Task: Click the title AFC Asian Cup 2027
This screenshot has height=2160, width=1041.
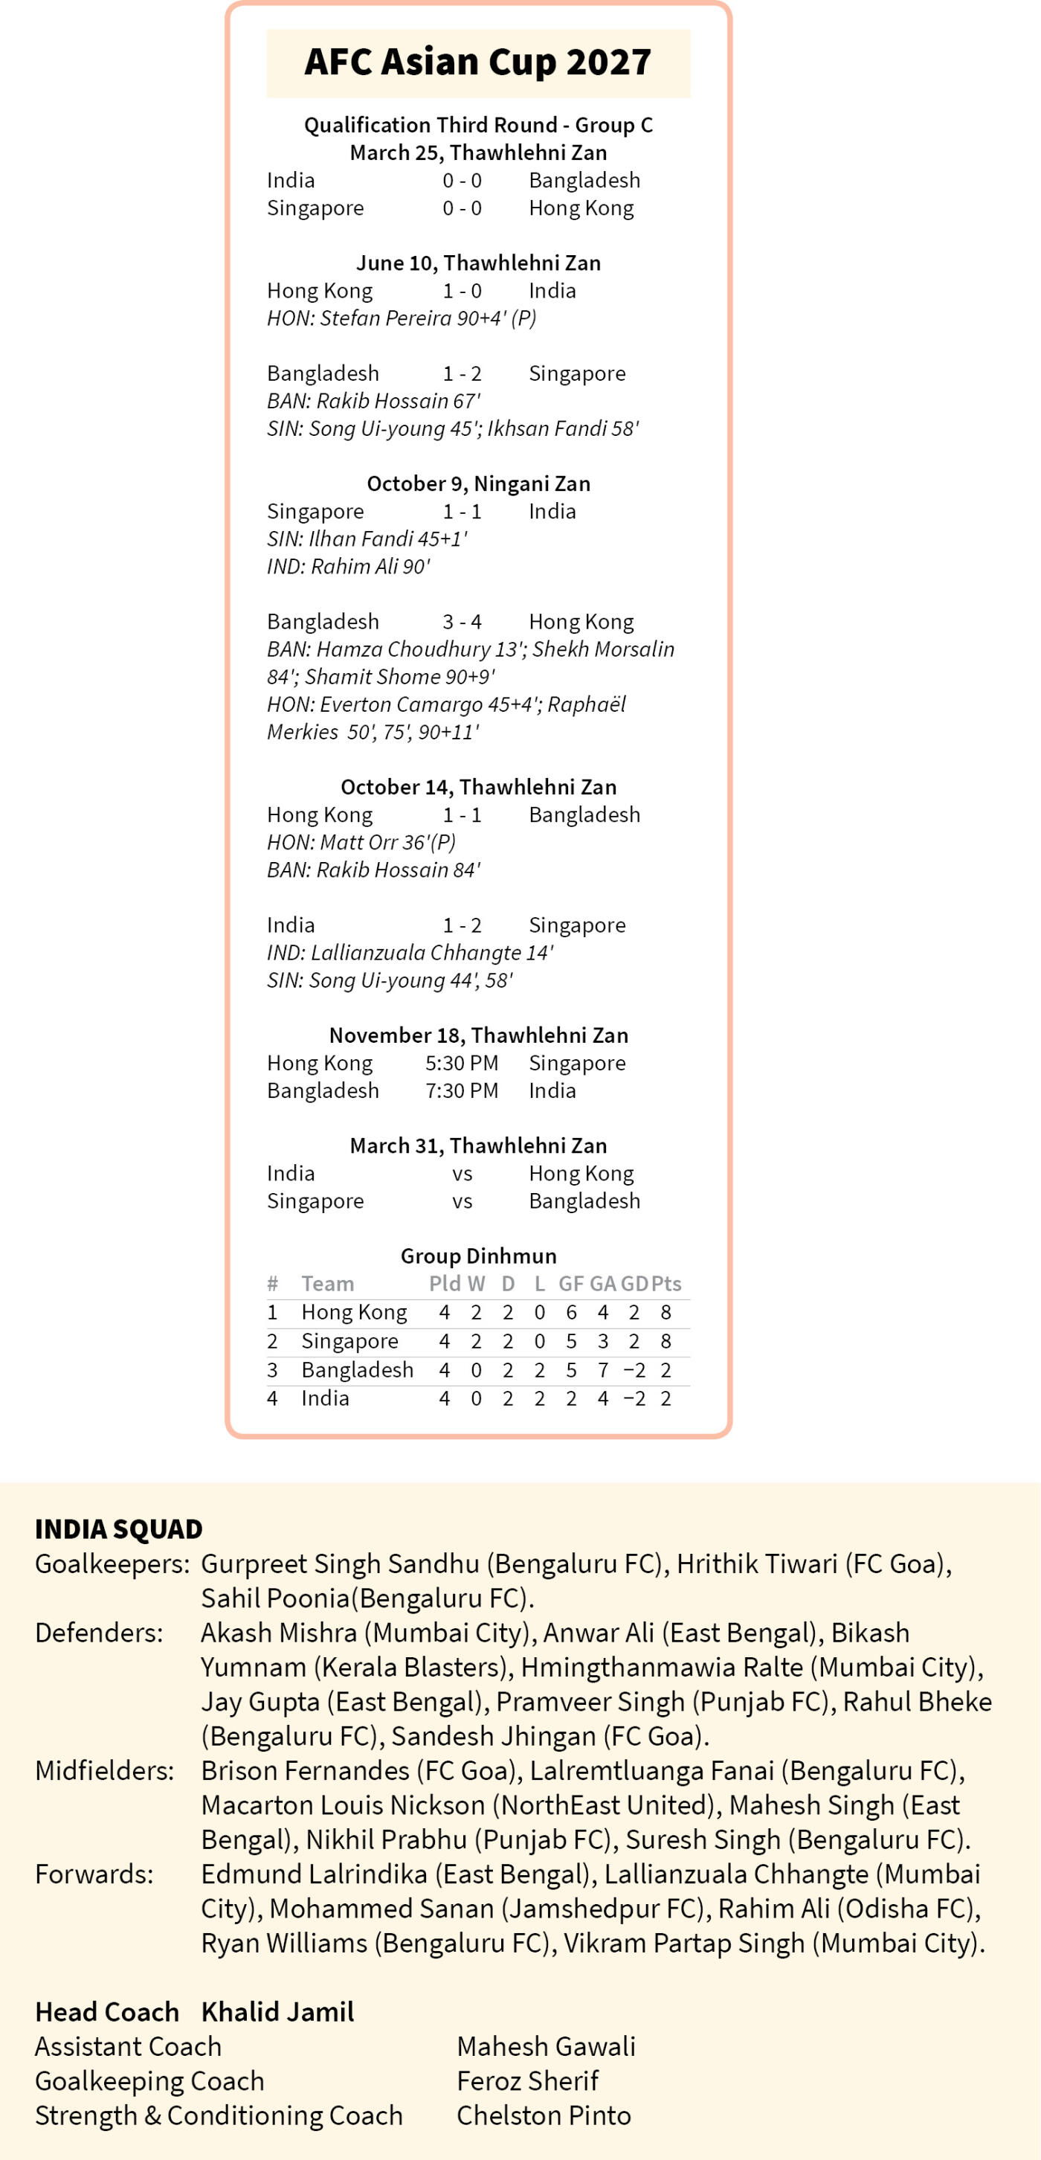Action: (x=478, y=62)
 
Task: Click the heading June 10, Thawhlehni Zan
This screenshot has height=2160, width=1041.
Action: (x=478, y=263)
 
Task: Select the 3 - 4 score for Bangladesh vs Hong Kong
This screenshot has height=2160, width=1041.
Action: (x=462, y=621)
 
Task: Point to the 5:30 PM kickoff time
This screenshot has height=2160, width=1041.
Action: (x=462, y=1063)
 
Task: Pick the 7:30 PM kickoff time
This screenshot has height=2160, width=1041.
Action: (x=462, y=1091)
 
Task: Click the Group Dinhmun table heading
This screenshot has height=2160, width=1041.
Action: (x=478, y=1256)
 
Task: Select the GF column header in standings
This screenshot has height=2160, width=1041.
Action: (x=571, y=1284)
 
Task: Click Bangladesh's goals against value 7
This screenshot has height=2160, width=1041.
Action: (x=602, y=1370)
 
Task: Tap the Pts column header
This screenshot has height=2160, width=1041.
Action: (x=666, y=1284)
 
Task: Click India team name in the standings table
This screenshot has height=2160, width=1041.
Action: (x=325, y=1398)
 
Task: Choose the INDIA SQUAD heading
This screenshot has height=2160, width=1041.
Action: (x=118, y=1529)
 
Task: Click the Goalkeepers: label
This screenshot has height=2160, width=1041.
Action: (x=112, y=1563)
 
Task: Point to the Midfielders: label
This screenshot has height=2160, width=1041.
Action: (x=105, y=1771)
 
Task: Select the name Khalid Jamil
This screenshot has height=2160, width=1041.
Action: (x=277, y=2013)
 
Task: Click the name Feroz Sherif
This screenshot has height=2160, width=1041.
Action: (x=527, y=2081)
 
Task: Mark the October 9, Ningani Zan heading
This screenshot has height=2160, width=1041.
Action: (x=478, y=483)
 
